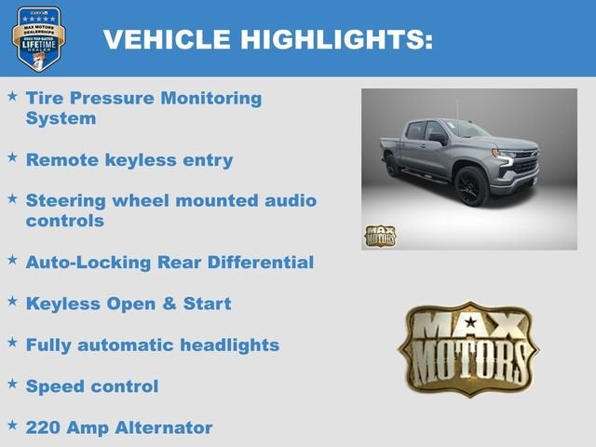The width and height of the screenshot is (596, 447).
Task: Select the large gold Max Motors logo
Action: click(468, 349)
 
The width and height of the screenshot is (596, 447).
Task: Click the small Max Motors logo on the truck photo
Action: click(379, 236)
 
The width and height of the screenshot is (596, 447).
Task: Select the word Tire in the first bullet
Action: click(45, 98)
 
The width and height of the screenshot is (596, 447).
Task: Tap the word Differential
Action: click(261, 263)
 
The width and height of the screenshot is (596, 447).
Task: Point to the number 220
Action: click(45, 427)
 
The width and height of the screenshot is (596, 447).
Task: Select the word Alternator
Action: click(164, 427)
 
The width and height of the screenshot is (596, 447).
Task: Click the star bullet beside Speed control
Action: click(12, 384)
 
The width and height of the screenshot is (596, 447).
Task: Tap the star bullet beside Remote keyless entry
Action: click(12, 157)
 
